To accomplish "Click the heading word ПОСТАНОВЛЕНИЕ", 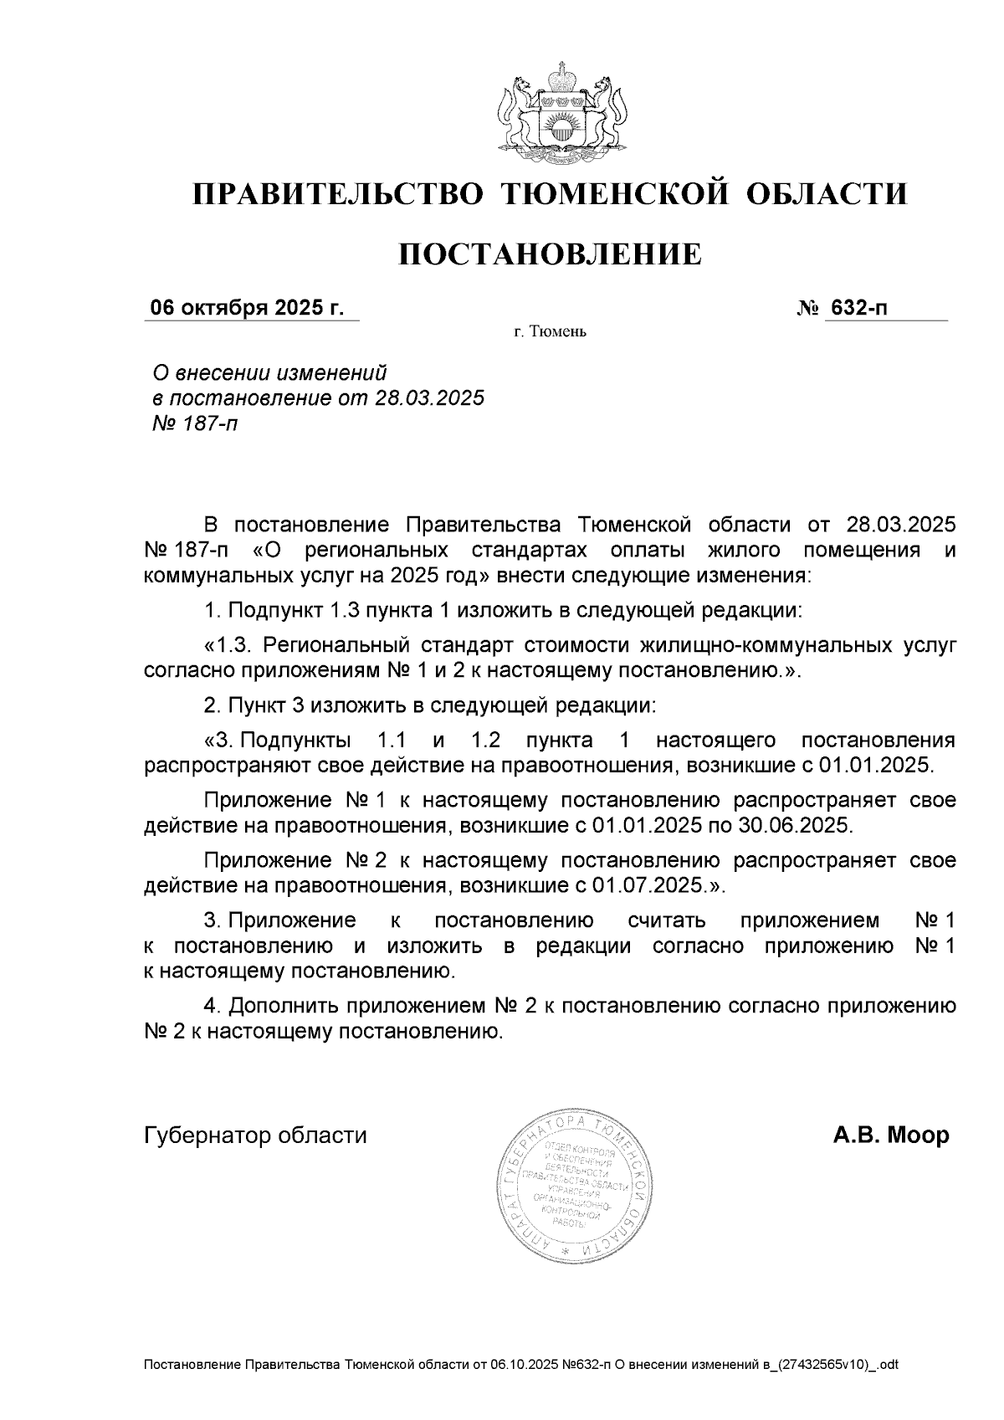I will pyautogui.click(x=549, y=254).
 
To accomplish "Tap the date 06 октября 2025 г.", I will pyautogui.click(x=247, y=308).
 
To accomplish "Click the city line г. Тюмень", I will pyautogui.click(x=550, y=333).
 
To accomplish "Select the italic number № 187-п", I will pyautogui.click(x=192, y=424).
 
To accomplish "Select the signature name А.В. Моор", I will pyautogui.click(x=891, y=1135).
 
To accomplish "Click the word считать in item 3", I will pyautogui.click(x=666, y=921).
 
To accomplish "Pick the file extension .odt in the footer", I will pyautogui.click(x=886, y=1366).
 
